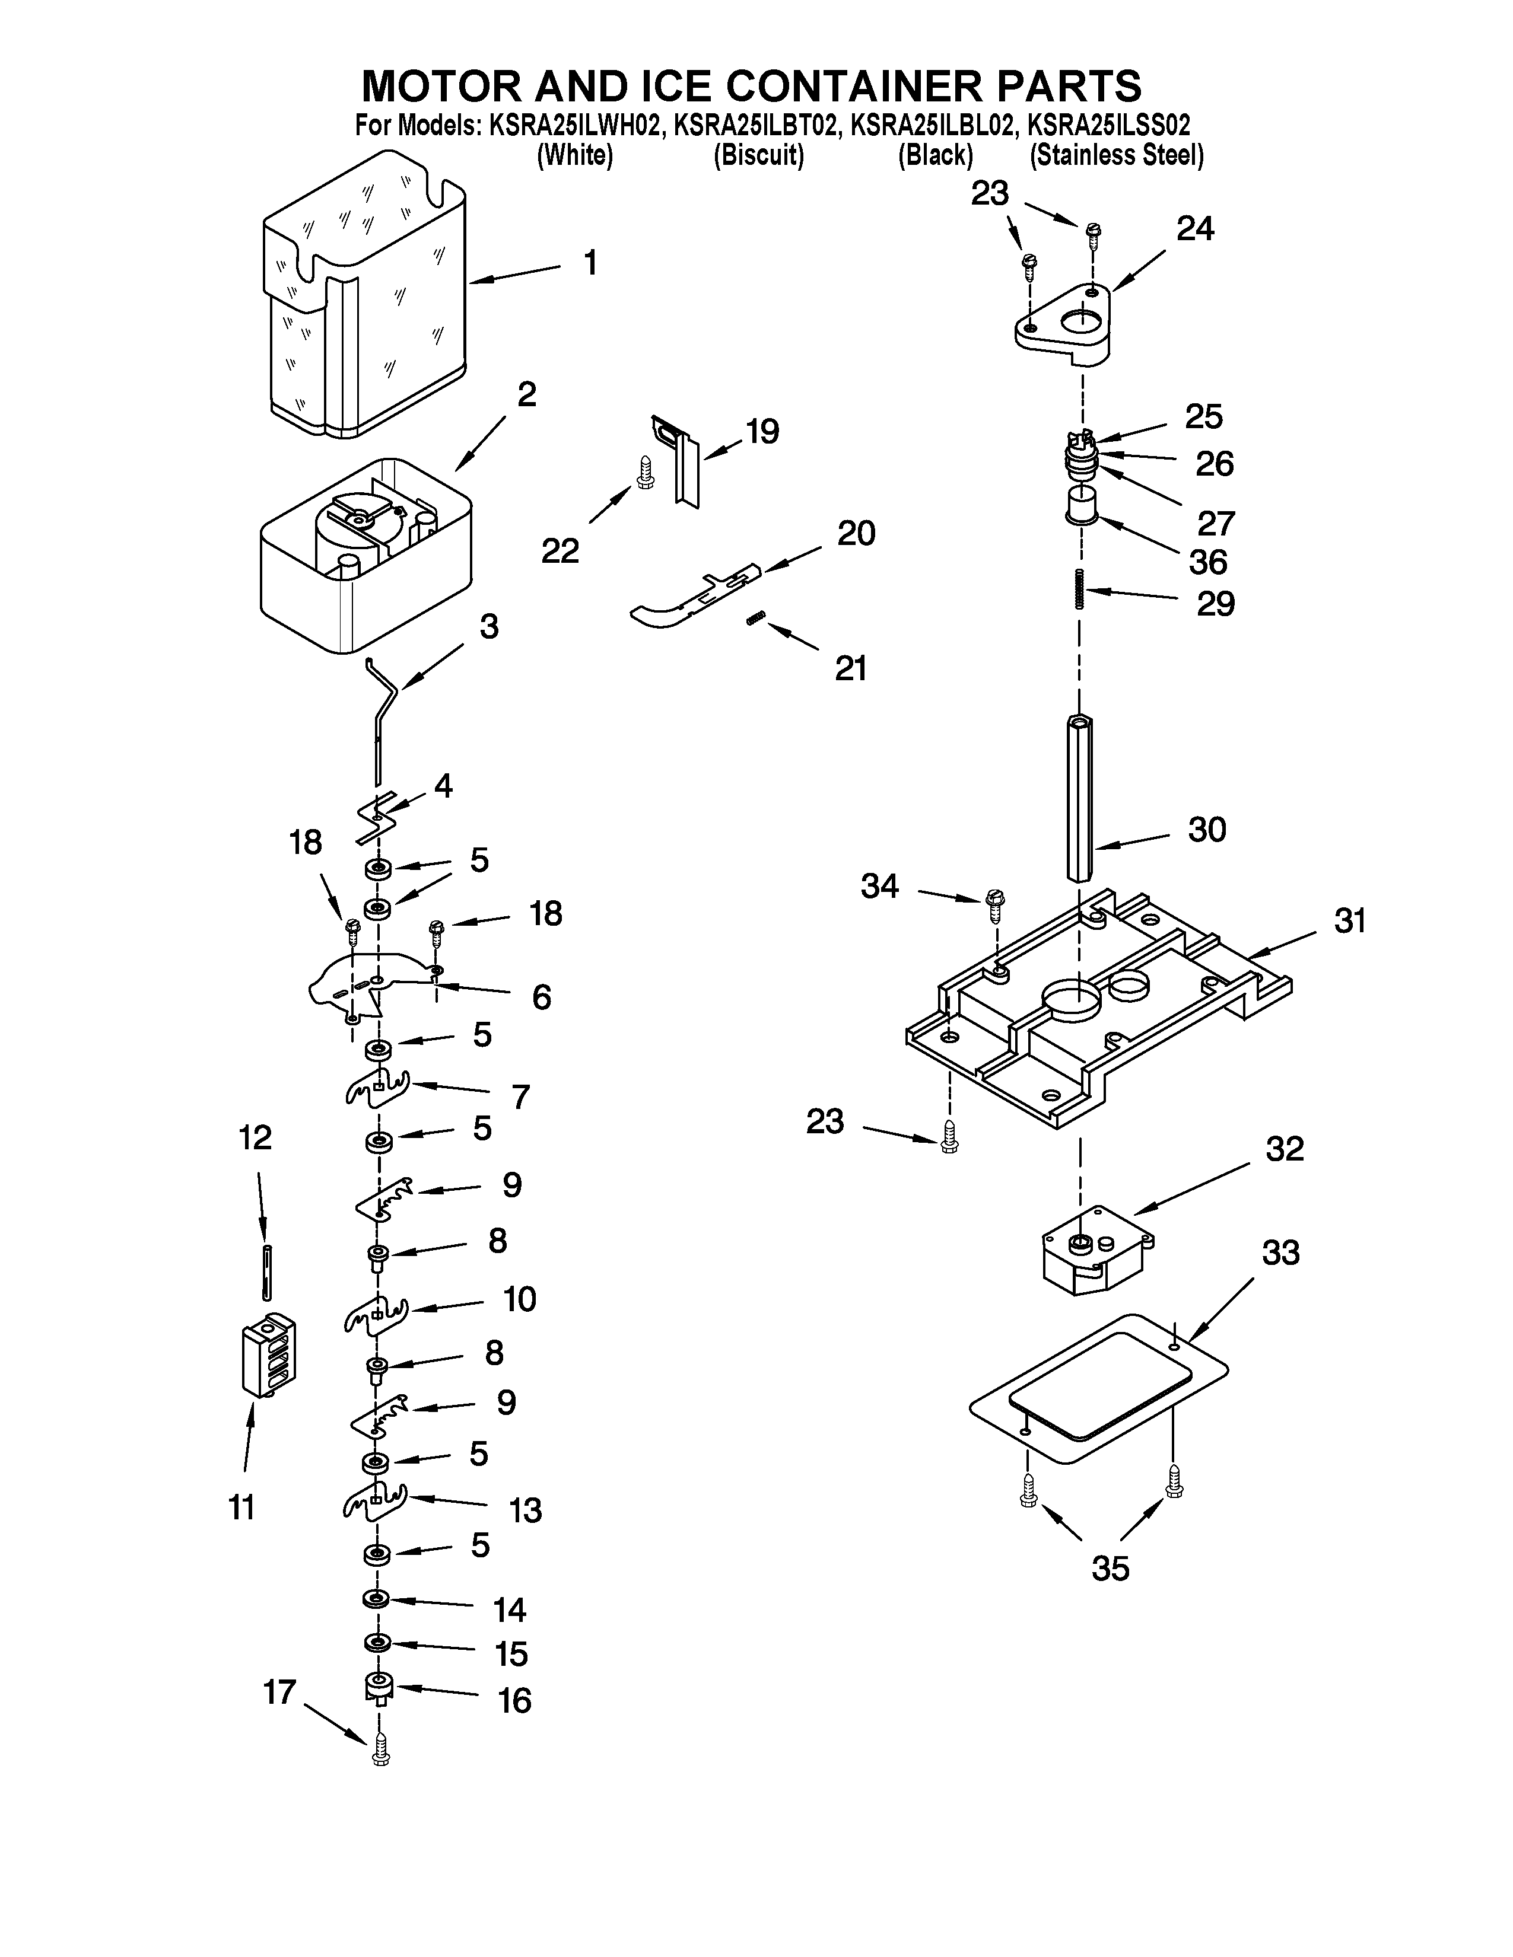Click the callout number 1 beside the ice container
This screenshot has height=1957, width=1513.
(589, 263)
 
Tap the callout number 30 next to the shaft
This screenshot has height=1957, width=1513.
(1206, 830)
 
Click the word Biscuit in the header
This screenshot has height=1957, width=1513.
(758, 156)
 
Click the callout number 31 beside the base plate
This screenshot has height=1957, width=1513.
(1349, 920)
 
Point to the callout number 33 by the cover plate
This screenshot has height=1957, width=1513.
(1280, 1252)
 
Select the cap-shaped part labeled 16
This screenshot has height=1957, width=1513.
(380, 1687)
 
